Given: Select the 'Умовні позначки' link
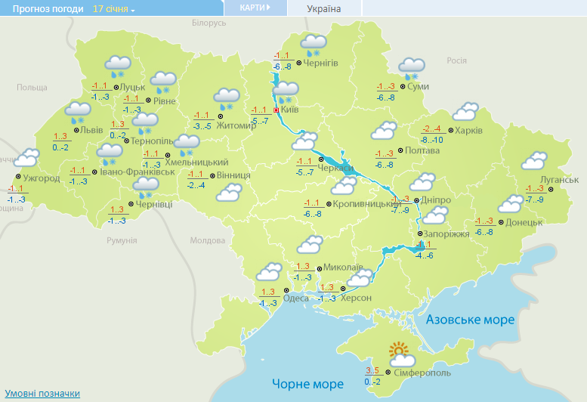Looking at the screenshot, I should (42, 394).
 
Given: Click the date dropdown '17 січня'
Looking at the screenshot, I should (113, 8).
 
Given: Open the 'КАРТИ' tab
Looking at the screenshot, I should (255, 8).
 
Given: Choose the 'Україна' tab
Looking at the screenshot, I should (324, 8).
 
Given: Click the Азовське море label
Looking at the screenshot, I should (470, 320).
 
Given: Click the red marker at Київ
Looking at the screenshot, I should (276, 110).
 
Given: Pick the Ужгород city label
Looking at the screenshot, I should (42, 178).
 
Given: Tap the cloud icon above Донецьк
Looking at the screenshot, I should (510, 204).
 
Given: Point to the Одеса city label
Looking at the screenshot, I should (296, 298).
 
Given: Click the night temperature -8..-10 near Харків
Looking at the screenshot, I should (432, 140).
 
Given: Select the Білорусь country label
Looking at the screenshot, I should (209, 23).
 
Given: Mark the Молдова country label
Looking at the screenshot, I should (208, 240).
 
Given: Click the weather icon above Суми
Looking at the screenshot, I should (412, 68).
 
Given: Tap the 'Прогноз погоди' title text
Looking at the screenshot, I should (44, 8).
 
